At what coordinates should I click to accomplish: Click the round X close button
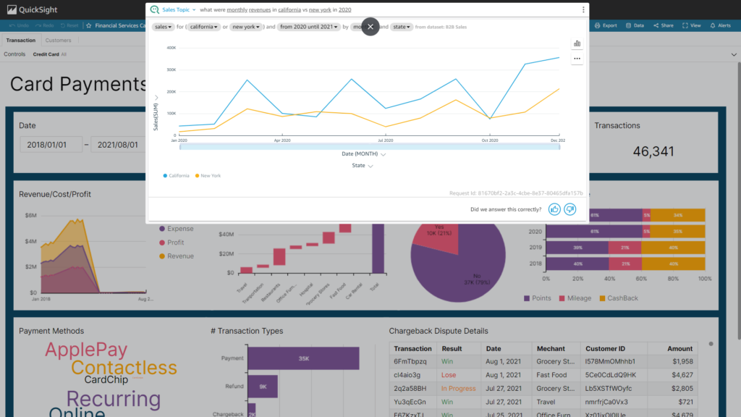coord(370,27)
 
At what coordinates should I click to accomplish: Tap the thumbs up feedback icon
coord(554,209)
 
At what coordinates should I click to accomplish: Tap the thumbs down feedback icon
coord(570,209)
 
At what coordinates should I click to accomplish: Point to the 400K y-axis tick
coord(172,48)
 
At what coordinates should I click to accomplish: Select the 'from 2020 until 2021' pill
coord(308,27)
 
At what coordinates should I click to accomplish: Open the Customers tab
coord(59,41)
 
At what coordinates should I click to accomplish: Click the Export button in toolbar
coord(606,25)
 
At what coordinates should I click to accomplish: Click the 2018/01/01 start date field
coord(47,145)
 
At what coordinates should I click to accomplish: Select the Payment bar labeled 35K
coord(304,358)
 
